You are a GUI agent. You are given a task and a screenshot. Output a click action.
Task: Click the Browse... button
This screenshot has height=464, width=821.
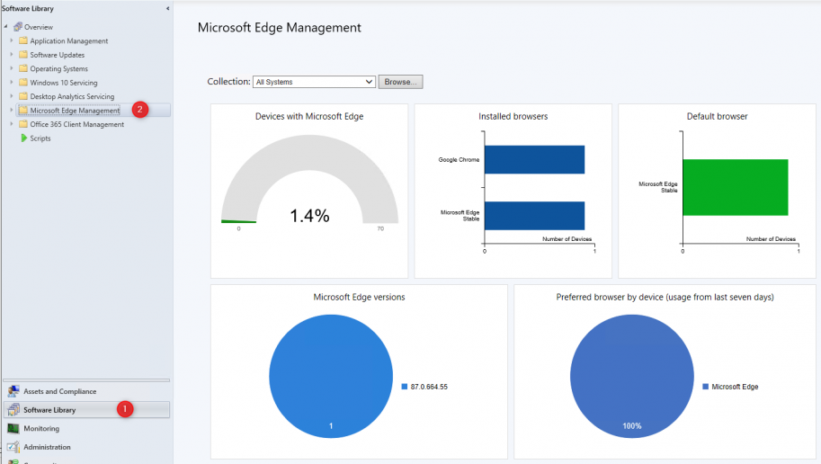[400, 82]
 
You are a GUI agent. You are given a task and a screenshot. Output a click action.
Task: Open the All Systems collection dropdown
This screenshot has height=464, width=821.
[314, 82]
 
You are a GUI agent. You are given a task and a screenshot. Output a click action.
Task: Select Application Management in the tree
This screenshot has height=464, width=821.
[68, 41]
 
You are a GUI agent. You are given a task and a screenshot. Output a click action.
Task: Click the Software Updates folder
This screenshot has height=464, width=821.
[57, 55]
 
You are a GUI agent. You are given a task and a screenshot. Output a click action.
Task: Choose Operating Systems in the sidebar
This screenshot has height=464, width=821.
[58, 69]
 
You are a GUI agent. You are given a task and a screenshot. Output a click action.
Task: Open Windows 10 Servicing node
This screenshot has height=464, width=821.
[63, 83]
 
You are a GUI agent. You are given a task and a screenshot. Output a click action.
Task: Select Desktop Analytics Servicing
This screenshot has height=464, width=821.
[72, 96]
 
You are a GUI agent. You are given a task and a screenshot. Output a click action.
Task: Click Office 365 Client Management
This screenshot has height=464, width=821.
[76, 124]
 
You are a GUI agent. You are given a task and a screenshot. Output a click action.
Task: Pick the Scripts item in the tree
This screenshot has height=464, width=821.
[40, 138]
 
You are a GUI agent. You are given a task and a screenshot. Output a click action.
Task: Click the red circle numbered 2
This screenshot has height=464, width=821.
[139, 110]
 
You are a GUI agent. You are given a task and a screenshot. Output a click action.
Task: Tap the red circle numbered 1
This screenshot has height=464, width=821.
[126, 409]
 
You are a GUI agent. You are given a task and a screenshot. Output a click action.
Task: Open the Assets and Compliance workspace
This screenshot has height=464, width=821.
[60, 391]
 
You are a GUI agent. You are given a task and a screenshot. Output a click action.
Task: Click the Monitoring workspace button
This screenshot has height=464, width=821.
[41, 428]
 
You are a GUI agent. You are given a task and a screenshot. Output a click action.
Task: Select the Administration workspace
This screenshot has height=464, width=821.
[47, 447]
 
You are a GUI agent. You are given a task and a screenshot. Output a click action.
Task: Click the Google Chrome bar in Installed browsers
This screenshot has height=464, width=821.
[534, 160]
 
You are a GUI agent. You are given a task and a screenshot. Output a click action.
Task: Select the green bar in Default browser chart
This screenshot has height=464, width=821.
[735, 187]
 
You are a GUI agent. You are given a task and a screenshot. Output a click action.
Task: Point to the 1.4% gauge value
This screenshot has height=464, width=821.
[309, 216]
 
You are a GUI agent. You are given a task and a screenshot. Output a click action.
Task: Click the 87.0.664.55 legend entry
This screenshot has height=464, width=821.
[430, 386]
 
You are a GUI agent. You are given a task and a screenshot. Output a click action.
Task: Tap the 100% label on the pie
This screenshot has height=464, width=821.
[632, 425]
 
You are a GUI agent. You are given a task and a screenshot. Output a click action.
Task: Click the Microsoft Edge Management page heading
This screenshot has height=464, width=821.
[279, 28]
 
